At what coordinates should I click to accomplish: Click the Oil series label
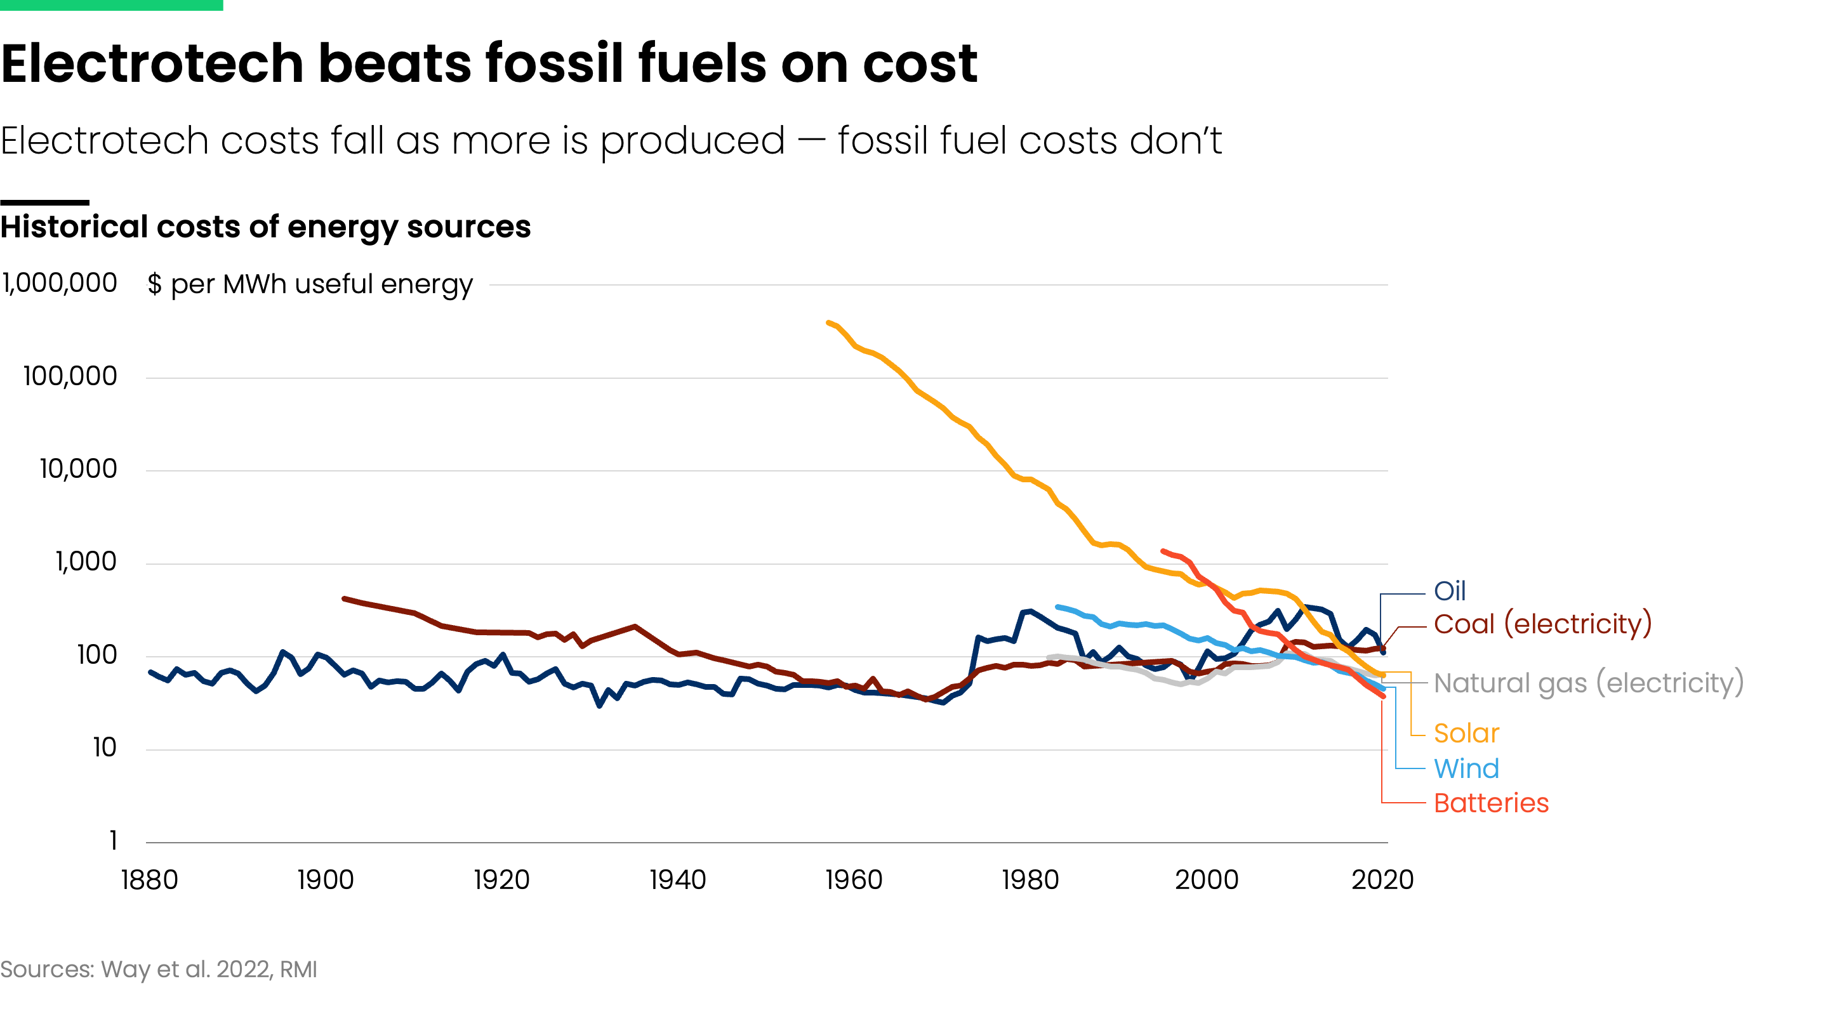coord(1449,591)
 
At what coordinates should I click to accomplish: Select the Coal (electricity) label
coord(1542,624)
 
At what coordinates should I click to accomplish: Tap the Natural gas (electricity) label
coord(1588,683)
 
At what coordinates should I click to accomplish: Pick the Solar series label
coord(1466,733)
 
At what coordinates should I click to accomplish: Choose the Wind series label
coord(1466,768)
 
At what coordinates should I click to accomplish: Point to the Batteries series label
coord(1491,803)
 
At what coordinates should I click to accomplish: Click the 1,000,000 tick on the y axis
coord(60,283)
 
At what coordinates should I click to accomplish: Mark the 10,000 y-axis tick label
coord(78,469)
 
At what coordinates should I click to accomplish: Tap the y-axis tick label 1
coord(113,841)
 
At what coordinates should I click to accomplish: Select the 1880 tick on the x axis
coord(149,880)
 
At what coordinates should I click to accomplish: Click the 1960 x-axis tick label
coord(854,880)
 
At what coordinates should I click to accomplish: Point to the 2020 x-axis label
coord(1382,880)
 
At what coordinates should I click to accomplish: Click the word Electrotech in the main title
coord(152,64)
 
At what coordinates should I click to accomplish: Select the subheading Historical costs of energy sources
coord(265,227)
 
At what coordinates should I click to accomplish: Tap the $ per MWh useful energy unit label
coord(310,284)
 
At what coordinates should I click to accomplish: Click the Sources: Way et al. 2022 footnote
coord(158,969)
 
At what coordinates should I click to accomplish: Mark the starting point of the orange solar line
coord(829,323)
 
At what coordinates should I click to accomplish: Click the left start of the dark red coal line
coord(344,599)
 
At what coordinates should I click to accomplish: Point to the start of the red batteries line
coord(1162,551)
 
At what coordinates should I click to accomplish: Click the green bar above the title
coord(112,5)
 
